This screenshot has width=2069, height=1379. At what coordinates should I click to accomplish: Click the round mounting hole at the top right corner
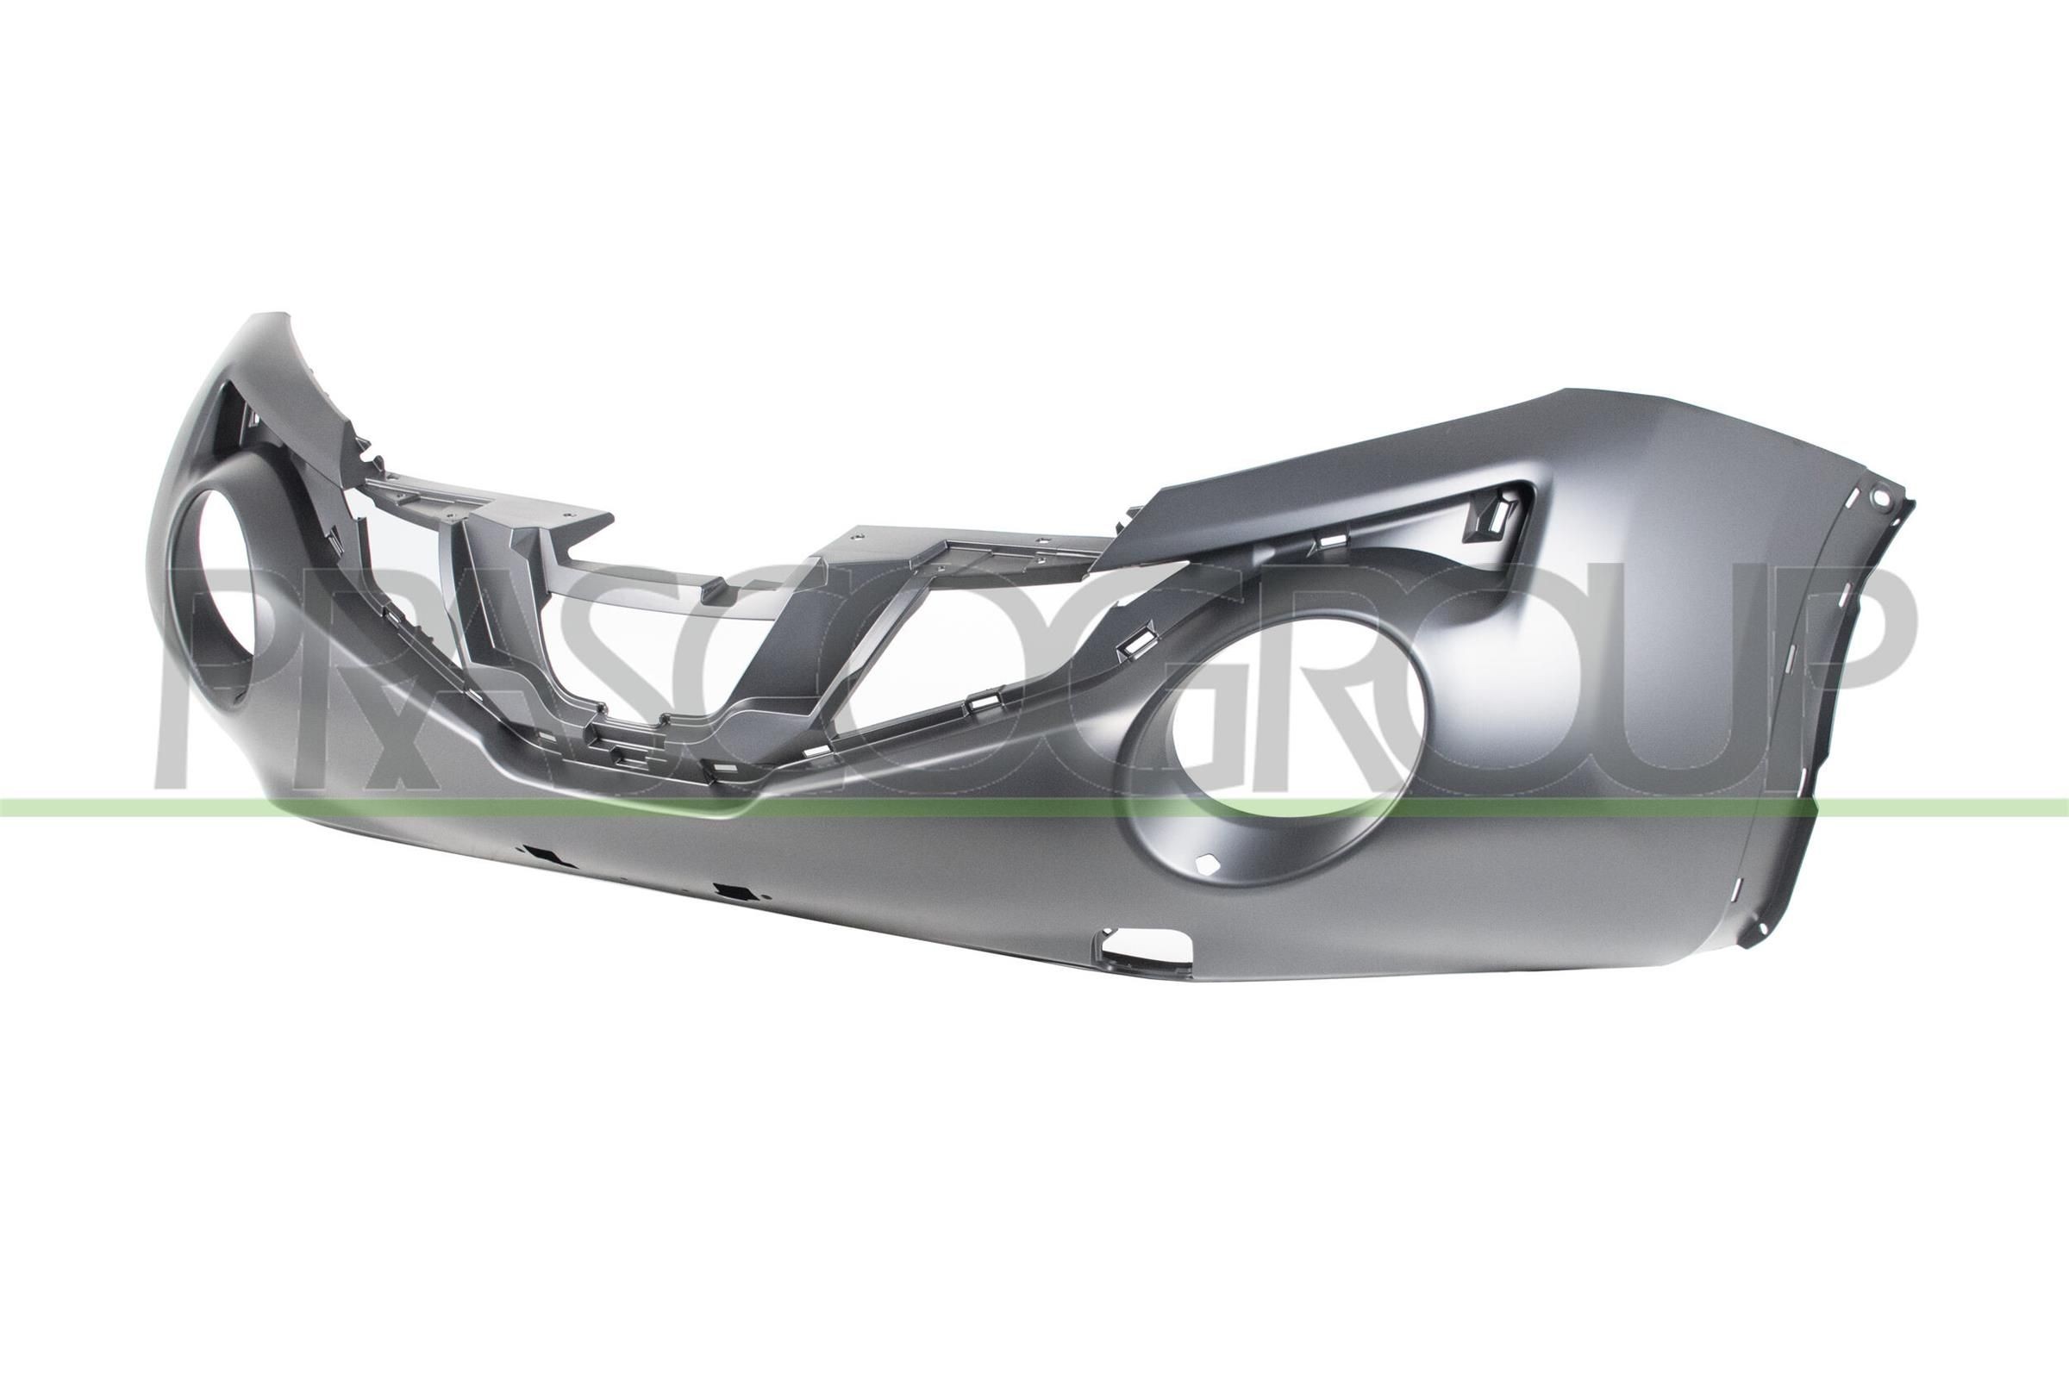click(x=1879, y=497)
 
